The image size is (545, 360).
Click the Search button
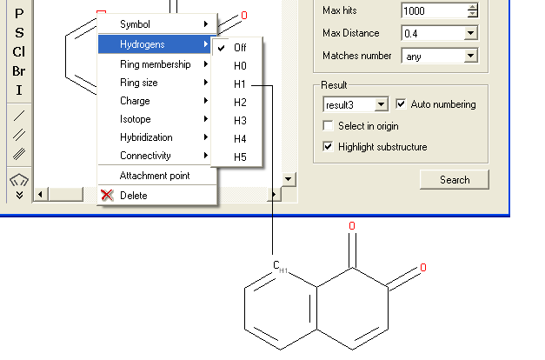click(x=454, y=180)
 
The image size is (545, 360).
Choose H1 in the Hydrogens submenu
click(x=240, y=84)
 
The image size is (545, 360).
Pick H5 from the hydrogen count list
click(x=240, y=157)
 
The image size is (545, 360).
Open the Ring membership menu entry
click(x=156, y=64)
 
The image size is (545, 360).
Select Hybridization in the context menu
click(x=146, y=137)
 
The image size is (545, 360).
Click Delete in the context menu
click(x=133, y=196)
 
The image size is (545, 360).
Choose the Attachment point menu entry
click(x=155, y=176)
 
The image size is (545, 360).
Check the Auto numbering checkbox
click(x=402, y=104)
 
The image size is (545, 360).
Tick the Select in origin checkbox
click(x=329, y=126)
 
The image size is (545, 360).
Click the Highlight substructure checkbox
click(x=329, y=147)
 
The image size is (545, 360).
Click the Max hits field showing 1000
click(x=435, y=11)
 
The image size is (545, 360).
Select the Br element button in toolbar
click(x=18, y=71)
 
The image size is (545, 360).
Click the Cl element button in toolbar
click(x=18, y=52)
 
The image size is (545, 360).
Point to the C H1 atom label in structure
click(x=279, y=267)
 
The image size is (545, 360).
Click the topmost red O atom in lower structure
click(x=352, y=226)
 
